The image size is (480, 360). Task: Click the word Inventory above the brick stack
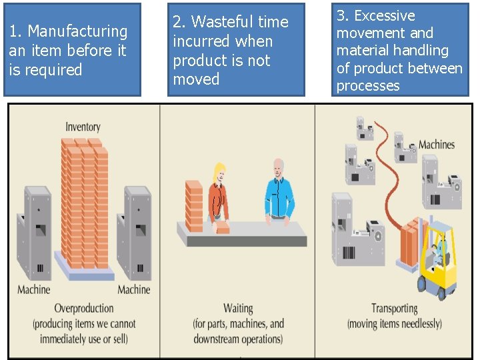click(83, 127)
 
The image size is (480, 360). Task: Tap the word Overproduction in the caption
click(83, 308)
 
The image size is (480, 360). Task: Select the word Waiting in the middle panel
click(238, 308)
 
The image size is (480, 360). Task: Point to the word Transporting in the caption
click(394, 308)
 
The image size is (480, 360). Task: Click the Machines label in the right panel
click(437, 145)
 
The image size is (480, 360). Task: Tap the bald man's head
click(278, 167)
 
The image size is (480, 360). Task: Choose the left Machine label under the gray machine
click(33, 289)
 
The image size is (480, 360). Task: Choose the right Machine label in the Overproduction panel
click(133, 289)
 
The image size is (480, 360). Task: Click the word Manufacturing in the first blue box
click(78, 31)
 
